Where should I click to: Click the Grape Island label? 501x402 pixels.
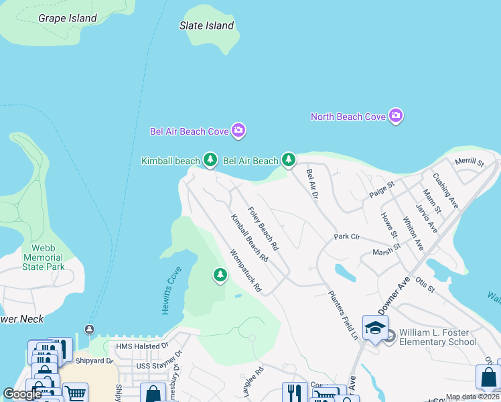[x=68, y=18]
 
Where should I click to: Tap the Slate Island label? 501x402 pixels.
[x=207, y=26]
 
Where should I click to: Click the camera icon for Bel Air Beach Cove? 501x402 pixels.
[x=238, y=131]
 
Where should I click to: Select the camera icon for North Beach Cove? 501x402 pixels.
[x=396, y=117]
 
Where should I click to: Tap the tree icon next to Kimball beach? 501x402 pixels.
[x=210, y=159]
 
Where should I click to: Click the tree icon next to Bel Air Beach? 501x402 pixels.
[x=288, y=159]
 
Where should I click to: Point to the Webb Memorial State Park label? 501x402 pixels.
[x=44, y=257]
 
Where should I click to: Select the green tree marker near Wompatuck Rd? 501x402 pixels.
[x=220, y=275]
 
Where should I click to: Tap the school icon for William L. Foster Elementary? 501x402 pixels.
[x=376, y=328]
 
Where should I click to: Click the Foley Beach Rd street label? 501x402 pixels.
[x=263, y=228]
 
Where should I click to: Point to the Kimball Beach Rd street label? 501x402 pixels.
[x=249, y=238]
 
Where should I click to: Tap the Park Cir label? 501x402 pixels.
[x=347, y=237]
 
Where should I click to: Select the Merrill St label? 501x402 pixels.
[x=469, y=161]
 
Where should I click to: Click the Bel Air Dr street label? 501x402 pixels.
[x=311, y=183]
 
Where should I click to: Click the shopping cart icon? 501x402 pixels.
[x=75, y=393]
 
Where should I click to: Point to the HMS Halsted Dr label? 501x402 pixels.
[x=142, y=346]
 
